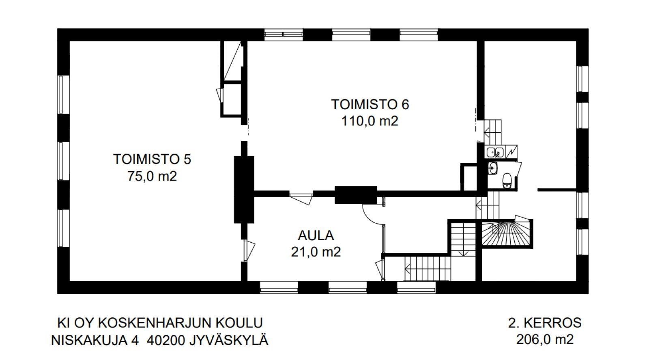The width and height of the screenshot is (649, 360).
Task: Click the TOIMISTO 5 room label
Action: (x=152, y=159)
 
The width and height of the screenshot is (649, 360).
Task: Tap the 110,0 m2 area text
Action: (x=370, y=121)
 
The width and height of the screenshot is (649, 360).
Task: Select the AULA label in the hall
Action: (x=316, y=235)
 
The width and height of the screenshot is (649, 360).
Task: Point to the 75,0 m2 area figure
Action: (x=152, y=177)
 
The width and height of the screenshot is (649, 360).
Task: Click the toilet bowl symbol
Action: (x=507, y=180)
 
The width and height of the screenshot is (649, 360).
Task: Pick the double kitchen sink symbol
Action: (x=495, y=153)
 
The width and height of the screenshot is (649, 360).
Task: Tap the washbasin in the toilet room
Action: (x=493, y=168)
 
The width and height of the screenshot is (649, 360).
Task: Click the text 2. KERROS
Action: (x=545, y=323)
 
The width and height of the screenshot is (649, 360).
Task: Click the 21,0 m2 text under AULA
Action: (x=316, y=252)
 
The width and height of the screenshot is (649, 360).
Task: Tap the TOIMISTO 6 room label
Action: (x=370, y=104)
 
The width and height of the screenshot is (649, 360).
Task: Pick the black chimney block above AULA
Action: (x=355, y=195)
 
